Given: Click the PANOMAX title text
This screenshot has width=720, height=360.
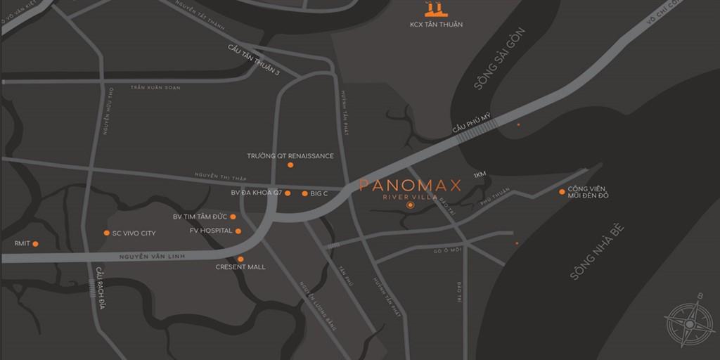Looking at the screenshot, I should (410, 186).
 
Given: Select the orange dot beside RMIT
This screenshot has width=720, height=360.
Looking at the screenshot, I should (35, 244).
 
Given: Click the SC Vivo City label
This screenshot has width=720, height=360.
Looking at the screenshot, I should (134, 233).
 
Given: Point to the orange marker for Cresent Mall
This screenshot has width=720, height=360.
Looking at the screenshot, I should (240, 259).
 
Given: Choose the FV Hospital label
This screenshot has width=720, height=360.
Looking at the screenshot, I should (211, 231).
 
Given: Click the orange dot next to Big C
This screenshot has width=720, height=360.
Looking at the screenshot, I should (304, 193).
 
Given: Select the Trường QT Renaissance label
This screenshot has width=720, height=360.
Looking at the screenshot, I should (290, 155).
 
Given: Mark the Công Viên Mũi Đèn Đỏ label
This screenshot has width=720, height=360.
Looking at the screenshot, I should (589, 192).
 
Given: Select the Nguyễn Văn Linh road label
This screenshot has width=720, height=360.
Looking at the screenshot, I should (151, 257).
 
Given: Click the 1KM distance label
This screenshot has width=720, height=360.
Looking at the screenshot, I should (480, 174).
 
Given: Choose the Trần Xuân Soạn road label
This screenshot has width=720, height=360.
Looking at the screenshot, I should (155, 87).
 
